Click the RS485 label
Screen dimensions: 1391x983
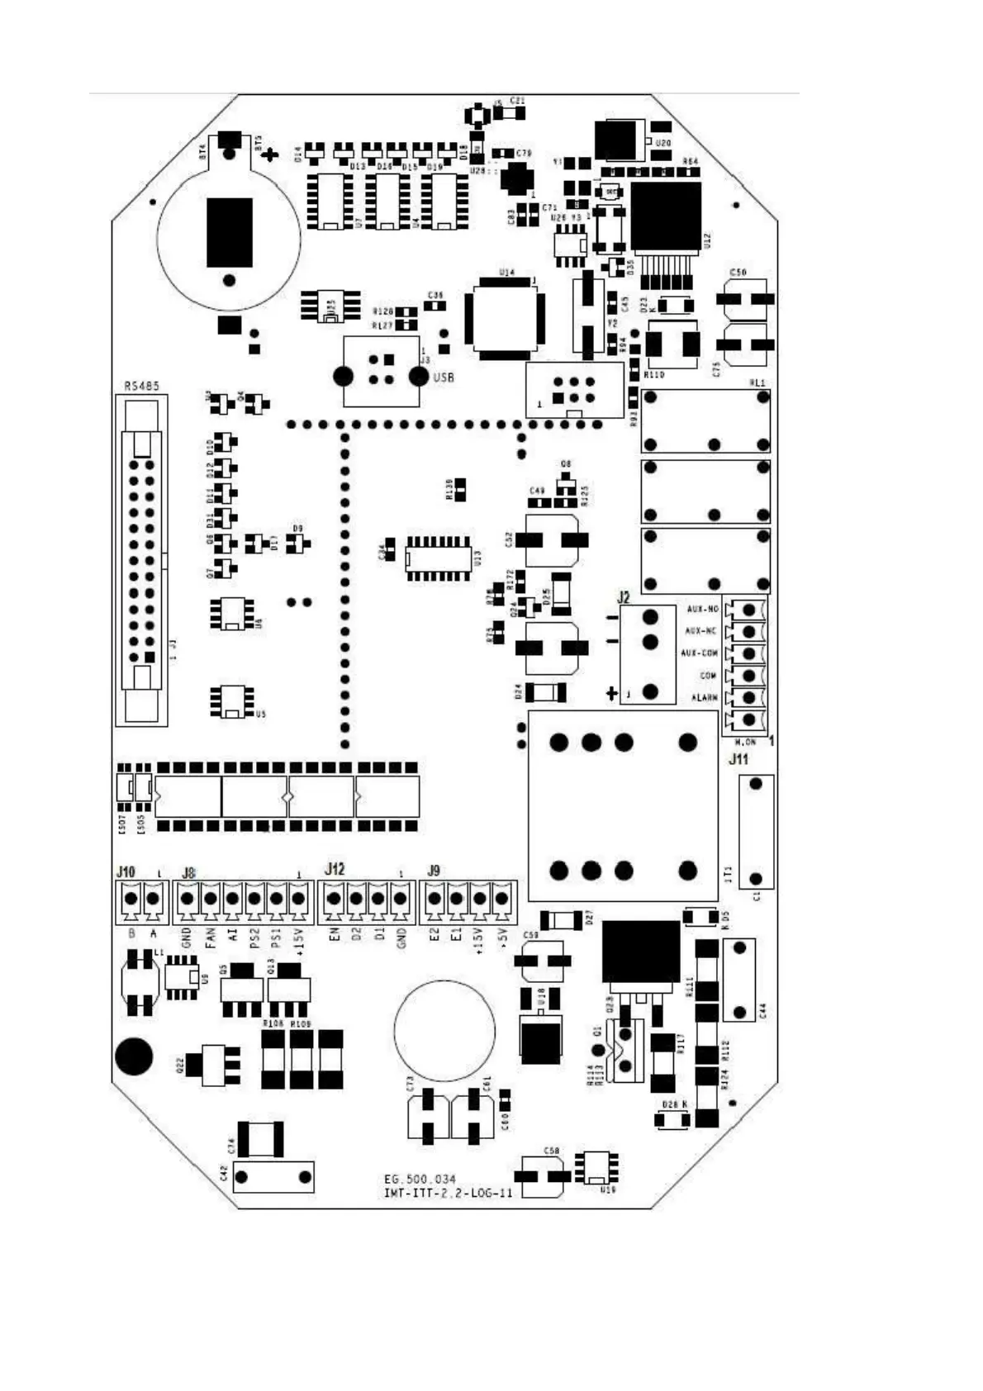pyautogui.click(x=141, y=386)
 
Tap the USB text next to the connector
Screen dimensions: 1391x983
pyautogui.click(x=444, y=377)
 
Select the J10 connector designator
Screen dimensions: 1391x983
pyautogui.click(x=126, y=871)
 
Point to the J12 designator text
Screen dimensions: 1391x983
pyautogui.click(x=335, y=869)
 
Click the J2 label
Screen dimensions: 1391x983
pyautogui.click(x=623, y=597)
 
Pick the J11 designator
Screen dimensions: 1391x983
pyautogui.click(x=738, y=759)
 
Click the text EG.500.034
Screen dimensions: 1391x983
pyautogui.click(x=420, y=1179)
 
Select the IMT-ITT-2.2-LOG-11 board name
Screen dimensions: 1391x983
pyautogui.click(x=448, y=1193)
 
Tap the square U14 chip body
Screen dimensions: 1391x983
pyautogui.click(x=505, y=319)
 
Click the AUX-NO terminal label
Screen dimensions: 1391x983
pyautogui.click(x=702, y=610)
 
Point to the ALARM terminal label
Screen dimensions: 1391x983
pyautogui.click(x=704, y=697)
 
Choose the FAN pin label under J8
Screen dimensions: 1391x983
pyautogui.click(x=210, y=937)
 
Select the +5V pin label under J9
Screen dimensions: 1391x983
pyautogui.click(x=501, y=936)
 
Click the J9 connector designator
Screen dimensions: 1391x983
pyautogui.click(x=434, y=871)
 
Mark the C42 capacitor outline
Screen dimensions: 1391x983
pyautogui.click(x=273, y=1176)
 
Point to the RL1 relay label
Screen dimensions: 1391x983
pyautogui.click(x=757, y=382)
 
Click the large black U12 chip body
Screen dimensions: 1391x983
pyautogui.click(x=666, y=216)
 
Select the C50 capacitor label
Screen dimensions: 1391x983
pyautogui.click(x=738, y=273)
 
